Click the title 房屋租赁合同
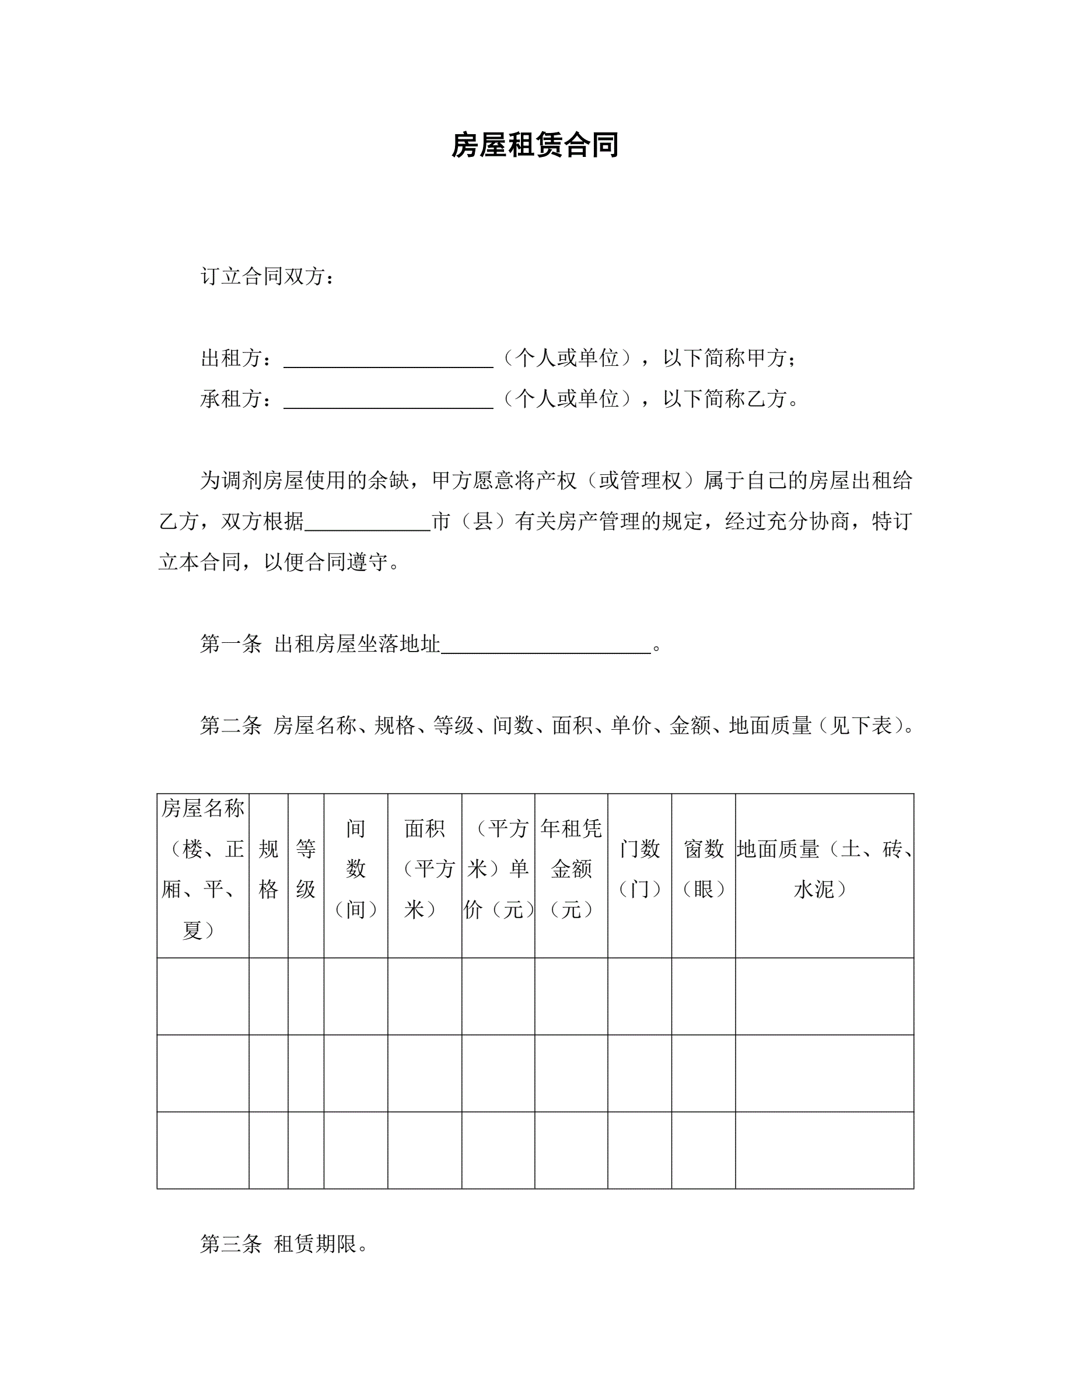click(535, 145)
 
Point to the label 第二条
click(231, 725)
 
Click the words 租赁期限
click(316, 1244)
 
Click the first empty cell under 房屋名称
click(202, 996)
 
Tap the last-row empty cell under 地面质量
click(824, 1150)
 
